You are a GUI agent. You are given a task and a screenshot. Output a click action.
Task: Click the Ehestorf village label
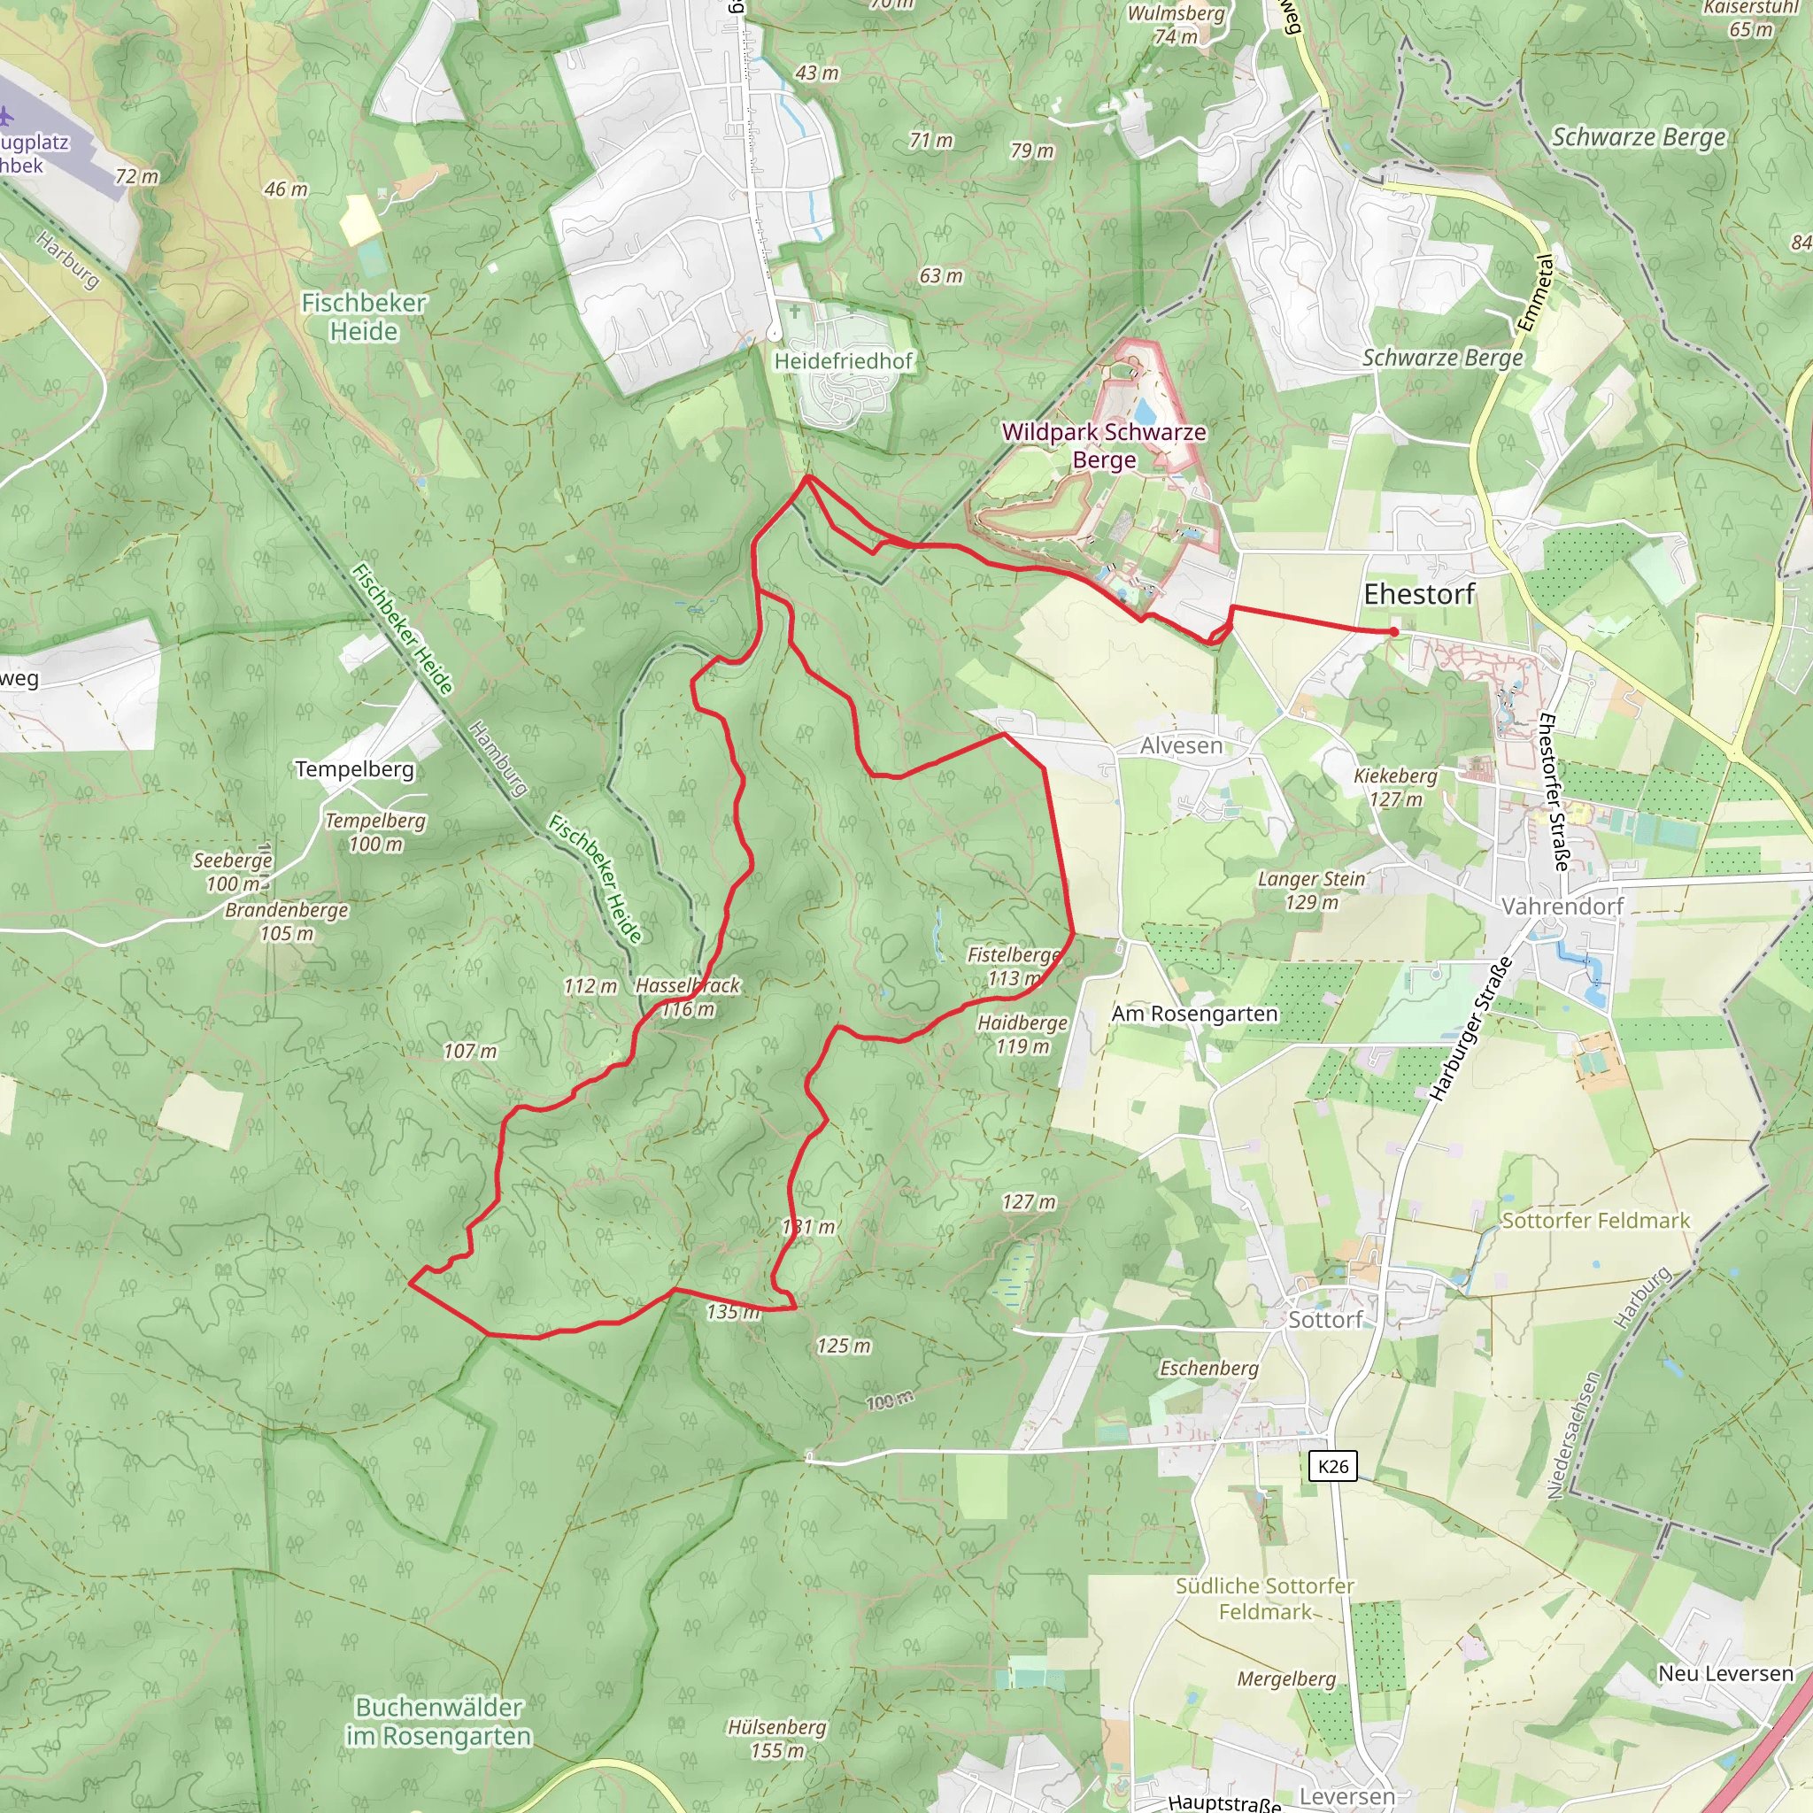[1419, 594]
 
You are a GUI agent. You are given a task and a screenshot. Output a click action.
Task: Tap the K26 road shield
[1332, 1467]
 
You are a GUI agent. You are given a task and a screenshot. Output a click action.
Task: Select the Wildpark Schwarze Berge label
[1104, 446]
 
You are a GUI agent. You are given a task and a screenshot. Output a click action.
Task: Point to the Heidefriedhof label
[843, 361]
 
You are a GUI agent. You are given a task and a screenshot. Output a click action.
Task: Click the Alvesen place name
[1182, 746]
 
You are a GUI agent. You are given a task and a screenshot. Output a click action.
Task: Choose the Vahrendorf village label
[1562, 906]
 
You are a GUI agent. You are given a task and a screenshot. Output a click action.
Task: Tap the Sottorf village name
[1324, 1320]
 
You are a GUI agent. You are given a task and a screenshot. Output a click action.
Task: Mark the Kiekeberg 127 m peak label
[1395, 787]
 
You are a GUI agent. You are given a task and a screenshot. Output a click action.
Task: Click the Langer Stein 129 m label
[1311, 891]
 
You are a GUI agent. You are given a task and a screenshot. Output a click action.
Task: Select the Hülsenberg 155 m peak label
[777, 1739]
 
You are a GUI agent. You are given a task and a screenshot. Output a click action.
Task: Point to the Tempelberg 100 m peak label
[375, 832]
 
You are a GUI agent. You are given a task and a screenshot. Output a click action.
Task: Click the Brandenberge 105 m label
[286, 922]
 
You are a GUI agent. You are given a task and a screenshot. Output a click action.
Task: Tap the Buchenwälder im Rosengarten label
[439, 1722]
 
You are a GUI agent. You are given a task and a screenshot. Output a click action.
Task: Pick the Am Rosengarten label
[1194, 1015]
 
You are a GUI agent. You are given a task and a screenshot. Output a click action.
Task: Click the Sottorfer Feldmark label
[1595, 1221]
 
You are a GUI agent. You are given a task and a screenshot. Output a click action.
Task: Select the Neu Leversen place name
[1724, 1674]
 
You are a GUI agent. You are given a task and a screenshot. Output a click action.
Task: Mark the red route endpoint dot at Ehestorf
[1394, 632]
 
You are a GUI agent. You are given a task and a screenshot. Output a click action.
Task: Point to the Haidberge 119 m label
[1022, 1034]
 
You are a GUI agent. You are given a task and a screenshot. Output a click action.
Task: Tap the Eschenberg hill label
[1208, 1369]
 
